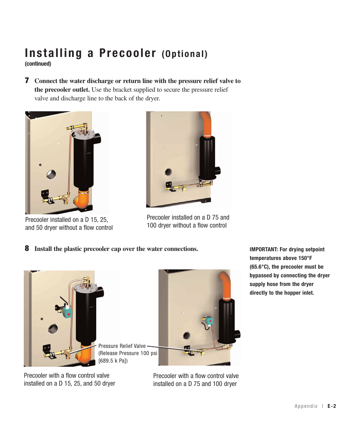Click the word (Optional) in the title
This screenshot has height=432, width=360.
coord(185,54)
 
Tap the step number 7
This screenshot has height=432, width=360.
coord(27,81)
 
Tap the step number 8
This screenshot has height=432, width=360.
coord(27,249)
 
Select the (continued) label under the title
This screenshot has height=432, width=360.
coord(38,64)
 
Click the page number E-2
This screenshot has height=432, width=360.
coord(331,406)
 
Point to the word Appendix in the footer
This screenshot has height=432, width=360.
coord(306,406)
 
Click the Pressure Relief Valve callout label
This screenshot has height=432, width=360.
coord(122,346)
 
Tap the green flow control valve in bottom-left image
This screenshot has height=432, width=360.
coord(67,313)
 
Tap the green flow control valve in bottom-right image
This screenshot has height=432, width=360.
coord(209,321)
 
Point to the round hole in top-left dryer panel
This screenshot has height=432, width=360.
coord(51,174)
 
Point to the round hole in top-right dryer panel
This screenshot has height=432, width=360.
coord(168,172)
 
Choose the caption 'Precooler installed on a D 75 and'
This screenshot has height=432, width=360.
coord(188,217)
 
